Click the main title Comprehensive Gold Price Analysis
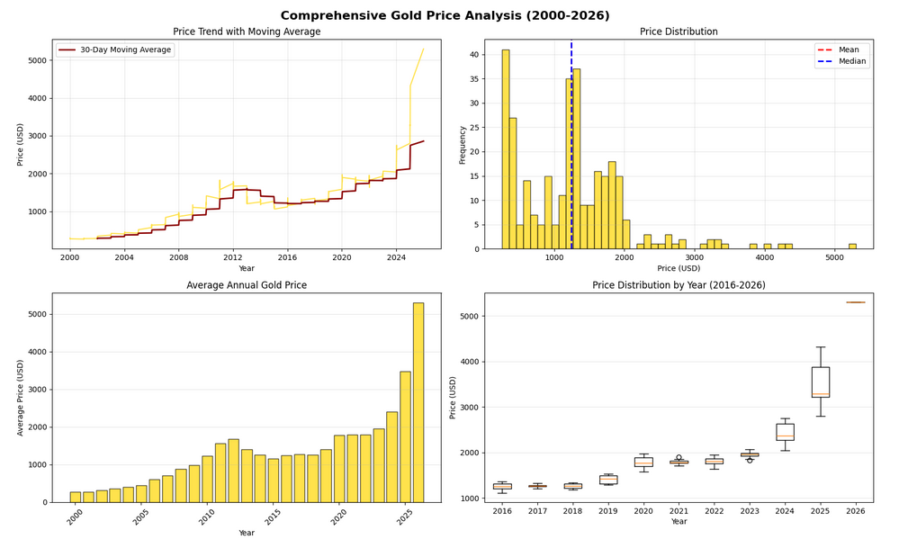pos(445,15)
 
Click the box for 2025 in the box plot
pos(821,382)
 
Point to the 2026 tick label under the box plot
pos(856,509)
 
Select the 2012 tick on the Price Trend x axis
pos(233,257)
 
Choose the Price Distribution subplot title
pos(679,31)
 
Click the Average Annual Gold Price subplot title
pos(247,285)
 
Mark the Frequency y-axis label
pos(463,144)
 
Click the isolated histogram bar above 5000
pos(852,246)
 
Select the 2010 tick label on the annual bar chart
pos(207,517)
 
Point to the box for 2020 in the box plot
pos(643,462)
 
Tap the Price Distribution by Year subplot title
pos(679,285)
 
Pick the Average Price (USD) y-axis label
pos(21,397)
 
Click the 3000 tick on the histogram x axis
pos(694,257)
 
